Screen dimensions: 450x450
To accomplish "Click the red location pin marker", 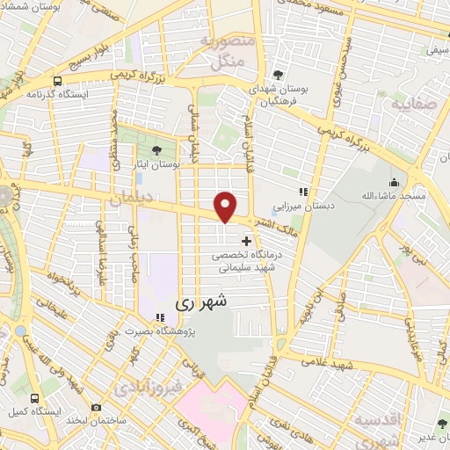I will point(226,207).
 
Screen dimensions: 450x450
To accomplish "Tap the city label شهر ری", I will point(201,301).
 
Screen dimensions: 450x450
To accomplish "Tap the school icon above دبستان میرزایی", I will point(304,192).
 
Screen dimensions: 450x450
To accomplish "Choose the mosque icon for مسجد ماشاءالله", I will point(393,183).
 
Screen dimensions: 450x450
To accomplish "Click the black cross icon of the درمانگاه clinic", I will point(245,240).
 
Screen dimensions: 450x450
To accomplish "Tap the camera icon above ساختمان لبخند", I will point(94,409).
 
